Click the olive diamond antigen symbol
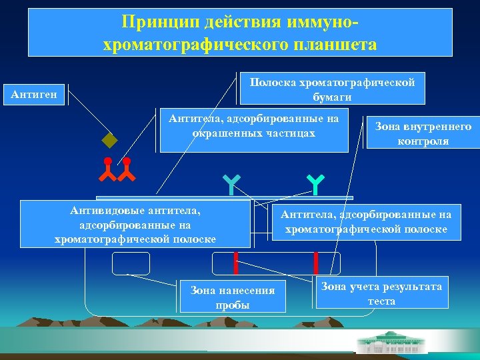click(x=109, y=141)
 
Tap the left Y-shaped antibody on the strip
click(x=230, y=185)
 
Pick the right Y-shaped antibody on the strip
click(x=315, y=185)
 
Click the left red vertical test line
click(x=235, y=263)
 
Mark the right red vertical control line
click(x=315, y=263)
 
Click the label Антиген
click(x=34, y=95)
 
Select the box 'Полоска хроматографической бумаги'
click(x=332, y=89)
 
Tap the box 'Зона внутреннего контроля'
click(x=423, y=133)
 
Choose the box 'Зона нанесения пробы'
click(x=232, y=297)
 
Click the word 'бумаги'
click(x=332, y=96)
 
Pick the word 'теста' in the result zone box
click(x=381, y=301)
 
